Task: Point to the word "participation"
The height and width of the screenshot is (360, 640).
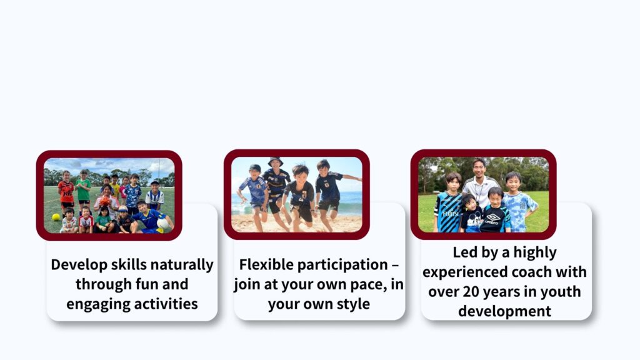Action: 342,265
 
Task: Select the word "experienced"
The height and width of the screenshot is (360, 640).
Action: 465,272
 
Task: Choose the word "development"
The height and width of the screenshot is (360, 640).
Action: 504,311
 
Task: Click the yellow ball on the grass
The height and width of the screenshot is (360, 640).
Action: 56,217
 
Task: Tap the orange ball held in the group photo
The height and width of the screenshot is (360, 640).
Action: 104,201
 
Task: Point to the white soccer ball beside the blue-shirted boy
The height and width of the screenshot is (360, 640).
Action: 163,224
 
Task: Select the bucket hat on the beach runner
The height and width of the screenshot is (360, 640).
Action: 276,161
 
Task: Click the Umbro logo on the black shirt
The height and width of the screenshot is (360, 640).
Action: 493,218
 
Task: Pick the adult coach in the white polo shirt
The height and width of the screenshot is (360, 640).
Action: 481,183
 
